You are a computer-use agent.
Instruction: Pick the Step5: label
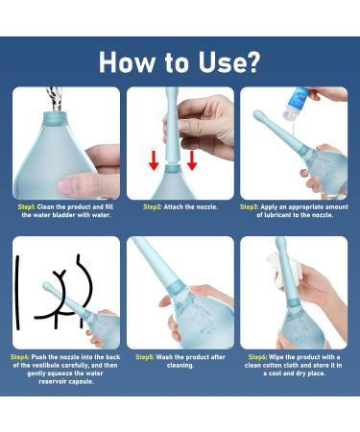point(145,356)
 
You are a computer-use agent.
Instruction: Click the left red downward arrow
point(154,159)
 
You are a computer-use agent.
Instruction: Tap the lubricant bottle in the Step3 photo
point(305,100)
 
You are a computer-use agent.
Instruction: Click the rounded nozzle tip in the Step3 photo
point(257,115)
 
